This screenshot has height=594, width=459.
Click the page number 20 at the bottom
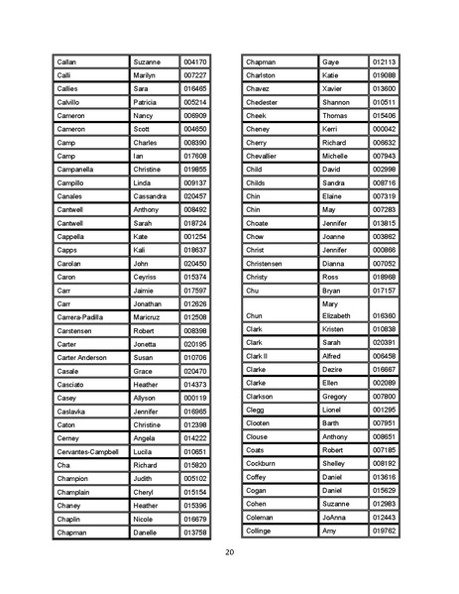point(230,551)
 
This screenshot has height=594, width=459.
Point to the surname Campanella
point(78,170)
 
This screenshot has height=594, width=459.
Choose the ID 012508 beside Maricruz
point(195,317)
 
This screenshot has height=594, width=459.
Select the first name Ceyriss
point(146,277)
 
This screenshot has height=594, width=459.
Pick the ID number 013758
point(195,533)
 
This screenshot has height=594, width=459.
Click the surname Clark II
point(256,355)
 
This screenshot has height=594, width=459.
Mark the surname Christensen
point(266,264)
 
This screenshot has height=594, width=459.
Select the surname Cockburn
point(261,463)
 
